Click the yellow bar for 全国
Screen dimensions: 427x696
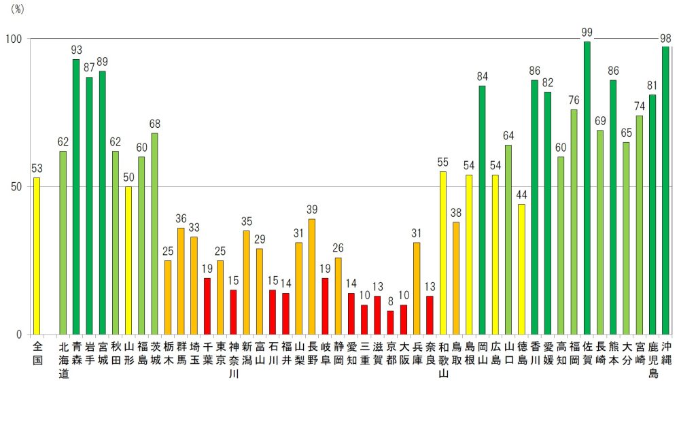37,256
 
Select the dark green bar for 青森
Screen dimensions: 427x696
76,197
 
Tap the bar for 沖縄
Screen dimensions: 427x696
665,190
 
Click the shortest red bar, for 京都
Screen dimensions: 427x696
390,322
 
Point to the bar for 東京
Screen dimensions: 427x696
220,297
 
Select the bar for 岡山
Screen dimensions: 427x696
482,210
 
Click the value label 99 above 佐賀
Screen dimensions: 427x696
587,32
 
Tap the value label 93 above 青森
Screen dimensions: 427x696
76,50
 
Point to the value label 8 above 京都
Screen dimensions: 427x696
390,301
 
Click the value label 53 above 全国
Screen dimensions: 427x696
37,168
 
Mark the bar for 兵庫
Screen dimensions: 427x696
417,288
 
